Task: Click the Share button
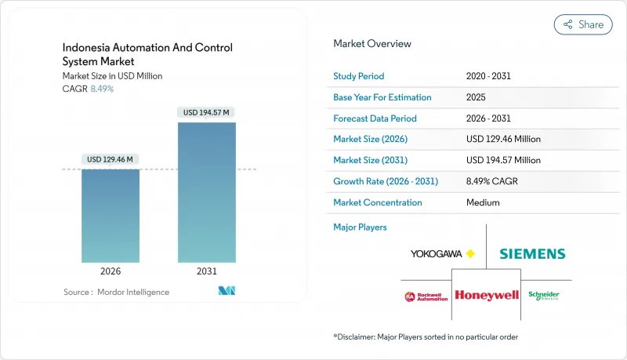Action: [x=583, y=24]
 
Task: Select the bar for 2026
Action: [x=111, y=216]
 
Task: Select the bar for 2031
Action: [x=206, y=192]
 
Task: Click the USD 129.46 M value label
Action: [x=111, y=159]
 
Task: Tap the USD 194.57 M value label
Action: [x=206, y=112]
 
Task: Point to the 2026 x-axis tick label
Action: [x=111, y=271]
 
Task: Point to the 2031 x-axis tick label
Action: [x=206, y=271]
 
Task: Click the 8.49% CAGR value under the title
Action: [x=101, y=89]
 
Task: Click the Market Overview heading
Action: [x=371, y=43]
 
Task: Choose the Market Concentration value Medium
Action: [x=483, y=202]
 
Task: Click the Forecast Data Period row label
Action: [x=375, y=118]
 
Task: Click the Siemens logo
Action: [x=532, y=253]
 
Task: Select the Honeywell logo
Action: [x=487, y=295]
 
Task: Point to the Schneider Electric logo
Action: [x=544, y=295]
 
